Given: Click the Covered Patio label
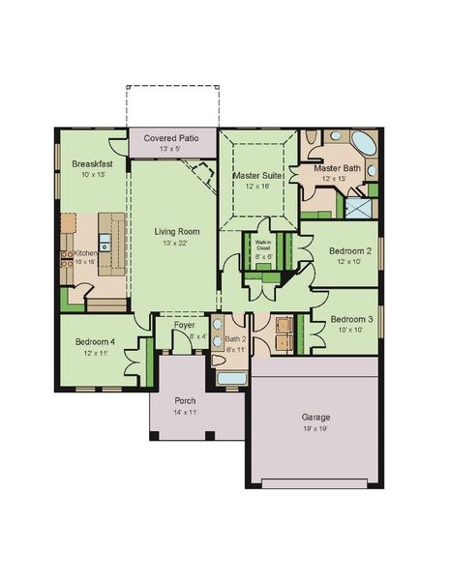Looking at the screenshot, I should (171, 139).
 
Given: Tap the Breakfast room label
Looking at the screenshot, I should (91, 164).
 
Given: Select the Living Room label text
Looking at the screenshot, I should (176, 231).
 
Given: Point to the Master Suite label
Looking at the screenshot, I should (257, 175).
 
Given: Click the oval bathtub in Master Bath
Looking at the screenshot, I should (363, 146).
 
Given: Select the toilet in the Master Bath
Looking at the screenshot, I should (310, 141).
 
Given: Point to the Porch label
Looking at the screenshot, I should (186, 400).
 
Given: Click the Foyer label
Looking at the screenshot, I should (184, 326).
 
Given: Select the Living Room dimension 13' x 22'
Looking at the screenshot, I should (176, 243).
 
